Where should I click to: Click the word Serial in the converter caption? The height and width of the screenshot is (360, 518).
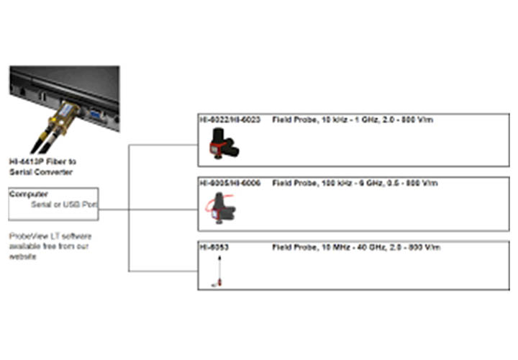[x=22, y=173]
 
